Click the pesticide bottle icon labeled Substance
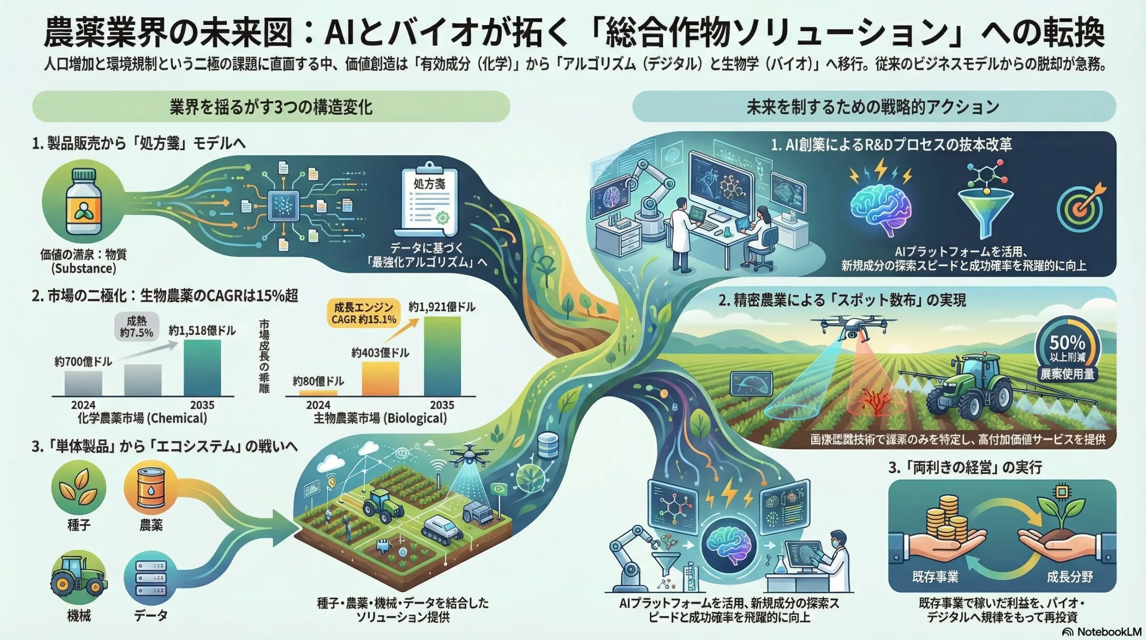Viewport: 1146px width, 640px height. [81, 202]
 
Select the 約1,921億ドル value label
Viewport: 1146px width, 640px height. [441, 307]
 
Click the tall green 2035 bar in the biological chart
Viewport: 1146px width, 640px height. [442, 356]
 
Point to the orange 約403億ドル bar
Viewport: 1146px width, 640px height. [380, 379]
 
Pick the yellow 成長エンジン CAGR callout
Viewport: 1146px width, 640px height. [363, 313]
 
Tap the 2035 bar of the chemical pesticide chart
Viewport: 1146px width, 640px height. [202, 368]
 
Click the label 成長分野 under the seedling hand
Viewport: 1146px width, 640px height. [1069, 577]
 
